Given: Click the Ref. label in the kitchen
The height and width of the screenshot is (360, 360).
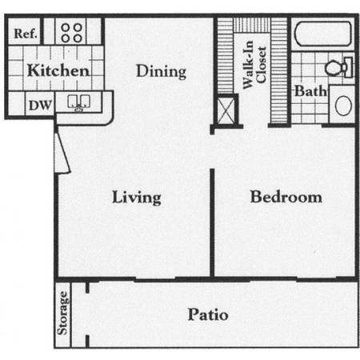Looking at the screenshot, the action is pyautogui.click(x=26, y=34).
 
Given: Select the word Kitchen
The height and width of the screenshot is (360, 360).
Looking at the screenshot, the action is pyautogui.click(x=58, y=70).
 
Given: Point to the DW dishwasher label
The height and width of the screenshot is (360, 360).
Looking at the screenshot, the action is pyautogui.click(x=40, y=105).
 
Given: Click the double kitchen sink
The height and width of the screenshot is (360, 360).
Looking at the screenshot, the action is pyautogui.click(x=78, y=102).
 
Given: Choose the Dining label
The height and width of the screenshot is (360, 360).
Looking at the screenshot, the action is pyautogui.click(x=161, y=71).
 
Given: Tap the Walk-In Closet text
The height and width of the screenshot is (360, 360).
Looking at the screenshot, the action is pyautogui.click(x=254, y=65).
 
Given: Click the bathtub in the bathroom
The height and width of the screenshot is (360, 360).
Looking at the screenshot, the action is pyautogui.click(x=323, y=34).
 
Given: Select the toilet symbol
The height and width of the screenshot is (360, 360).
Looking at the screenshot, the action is pyautogui.click(x=339, y=67).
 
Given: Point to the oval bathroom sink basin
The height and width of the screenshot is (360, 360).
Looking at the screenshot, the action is pyautogui.click(x=343, y=106).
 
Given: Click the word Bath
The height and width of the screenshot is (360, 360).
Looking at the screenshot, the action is pyautogui.click(x=310, y=91).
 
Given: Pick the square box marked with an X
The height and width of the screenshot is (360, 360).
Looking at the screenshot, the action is pyautogui.click(x=226, y=110).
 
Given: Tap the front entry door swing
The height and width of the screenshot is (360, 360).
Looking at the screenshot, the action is pyautogui.click(x=62, y=153).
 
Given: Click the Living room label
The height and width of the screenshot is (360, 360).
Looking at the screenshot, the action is pyautogui.click(x=137, y=198).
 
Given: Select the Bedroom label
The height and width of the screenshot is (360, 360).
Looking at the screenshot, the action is pyautogui.click(x=286, y=197).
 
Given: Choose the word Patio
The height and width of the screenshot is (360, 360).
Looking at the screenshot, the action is pyautogui.click(x=208, y=314).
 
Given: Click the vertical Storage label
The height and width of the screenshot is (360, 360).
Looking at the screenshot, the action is pyautogui.click(x=62, y=313).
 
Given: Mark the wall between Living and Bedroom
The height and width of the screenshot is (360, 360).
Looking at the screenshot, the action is pyautogui.click(x=212, y=223).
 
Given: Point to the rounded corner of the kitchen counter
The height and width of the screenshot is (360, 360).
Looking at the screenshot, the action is pyautogui.click(x=109, y=120).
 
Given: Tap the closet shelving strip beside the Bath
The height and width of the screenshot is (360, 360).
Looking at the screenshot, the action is pyautogui.click(x=279, y=70).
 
